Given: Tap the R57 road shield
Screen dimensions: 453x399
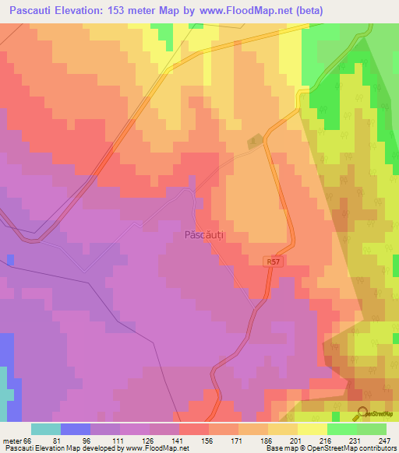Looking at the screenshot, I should point(270,262).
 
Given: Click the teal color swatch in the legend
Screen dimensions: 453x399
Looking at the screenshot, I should point(45,429).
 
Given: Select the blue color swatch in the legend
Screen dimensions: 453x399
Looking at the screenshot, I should point(75,429).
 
